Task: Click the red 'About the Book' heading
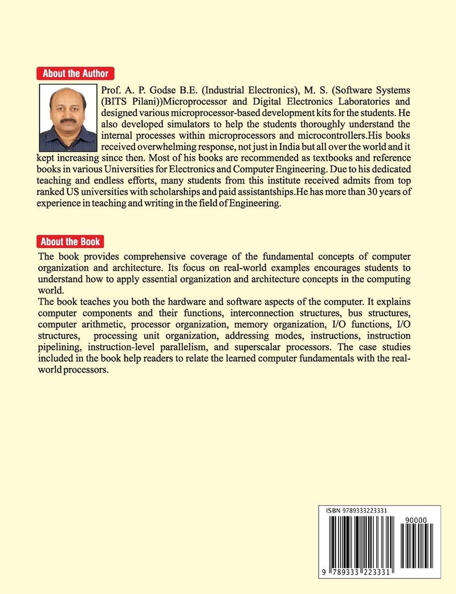point(71,241)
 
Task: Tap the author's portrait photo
point(67,118)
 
